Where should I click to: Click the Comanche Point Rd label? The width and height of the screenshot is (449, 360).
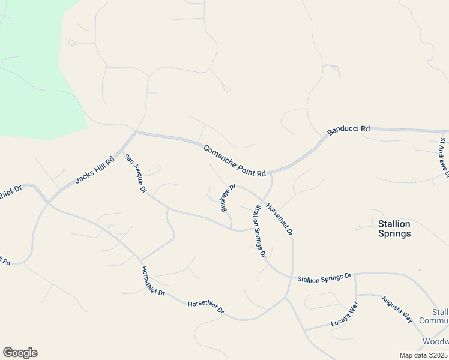tap(234, 161)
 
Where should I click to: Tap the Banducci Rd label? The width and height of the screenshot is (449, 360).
tap(349, 130)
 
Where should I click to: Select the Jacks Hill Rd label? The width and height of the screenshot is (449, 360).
tap(95, 171)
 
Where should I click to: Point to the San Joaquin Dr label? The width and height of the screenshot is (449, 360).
tap(135, 173)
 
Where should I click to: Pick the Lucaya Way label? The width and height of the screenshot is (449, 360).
tap(345, 315)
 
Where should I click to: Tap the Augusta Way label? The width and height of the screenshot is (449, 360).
tap(397, 307)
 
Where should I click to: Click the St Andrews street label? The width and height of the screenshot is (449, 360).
tap(444, 154)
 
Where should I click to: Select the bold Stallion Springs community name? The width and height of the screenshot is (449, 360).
tap(394, 229)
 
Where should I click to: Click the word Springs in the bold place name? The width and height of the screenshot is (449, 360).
tap(394, 234)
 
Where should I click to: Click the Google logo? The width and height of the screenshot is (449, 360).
tap(20, 353)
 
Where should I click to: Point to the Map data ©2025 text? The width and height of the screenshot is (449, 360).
tap(424, 355)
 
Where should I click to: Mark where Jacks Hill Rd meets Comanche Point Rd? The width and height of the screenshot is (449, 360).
tap(136, 132)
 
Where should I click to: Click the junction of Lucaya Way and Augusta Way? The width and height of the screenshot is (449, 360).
tap(356, 295)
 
